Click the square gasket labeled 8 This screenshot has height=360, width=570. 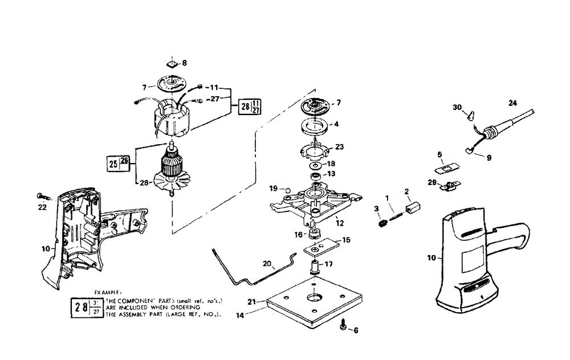pos(173,63)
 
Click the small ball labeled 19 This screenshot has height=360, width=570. pos(289,189)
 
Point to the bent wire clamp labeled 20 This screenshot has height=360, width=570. pos(251,268)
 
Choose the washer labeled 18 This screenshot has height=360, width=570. pos(315,164)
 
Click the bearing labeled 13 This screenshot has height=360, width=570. pos(315,174)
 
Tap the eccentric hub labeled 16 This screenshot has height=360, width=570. pos(314,234)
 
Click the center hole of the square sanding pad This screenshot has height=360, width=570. pos(315,298)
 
